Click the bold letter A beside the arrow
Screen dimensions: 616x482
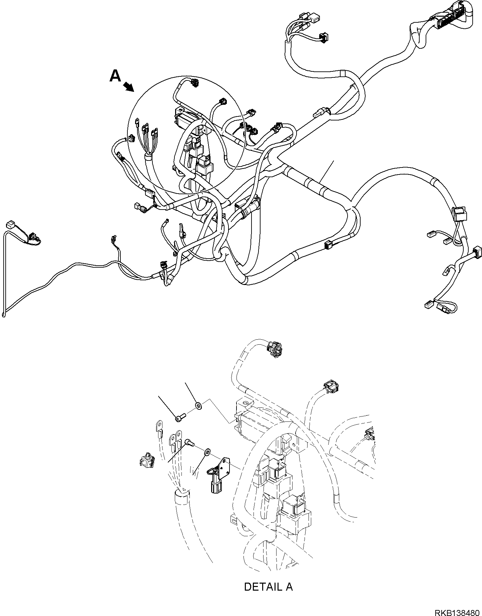pyautogui.click(x=115, y=76)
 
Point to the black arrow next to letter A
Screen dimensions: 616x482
pyautogui.click(x=128, y=87)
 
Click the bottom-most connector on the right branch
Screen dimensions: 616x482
pyautogui.click(x=428, y=304)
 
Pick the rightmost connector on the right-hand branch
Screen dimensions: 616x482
pyautogui.click(x=477, y=252)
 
